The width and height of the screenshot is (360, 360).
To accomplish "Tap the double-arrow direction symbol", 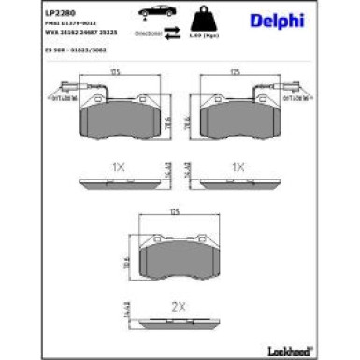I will pyautogui.click(x=173, y=32).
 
